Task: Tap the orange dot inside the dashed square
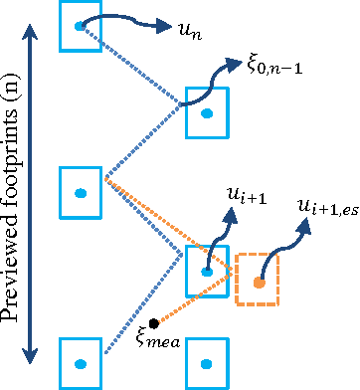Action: point(259,283)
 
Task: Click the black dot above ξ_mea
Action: point(154,323)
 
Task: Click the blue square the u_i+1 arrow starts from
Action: point(207,267)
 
